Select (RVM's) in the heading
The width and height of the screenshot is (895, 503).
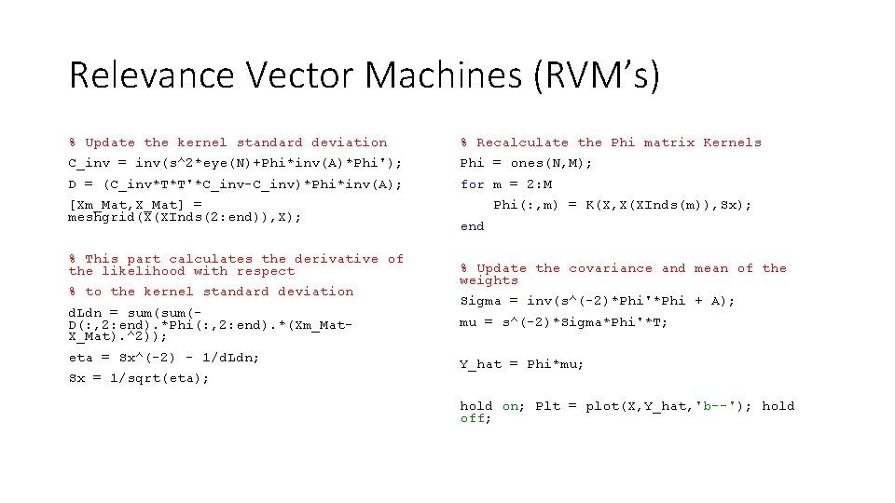coord(598,75)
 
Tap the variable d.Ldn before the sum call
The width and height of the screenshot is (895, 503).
coord(85,312)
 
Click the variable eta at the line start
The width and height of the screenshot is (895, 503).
coord(81,357)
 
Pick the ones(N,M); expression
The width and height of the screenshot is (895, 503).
coord(553,163)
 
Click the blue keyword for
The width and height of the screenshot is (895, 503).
coord(473,184)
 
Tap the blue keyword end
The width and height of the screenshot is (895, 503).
coord(473,226)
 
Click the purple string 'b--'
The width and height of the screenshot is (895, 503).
coord(716,406)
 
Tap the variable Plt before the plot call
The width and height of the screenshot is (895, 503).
coord(548,406)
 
